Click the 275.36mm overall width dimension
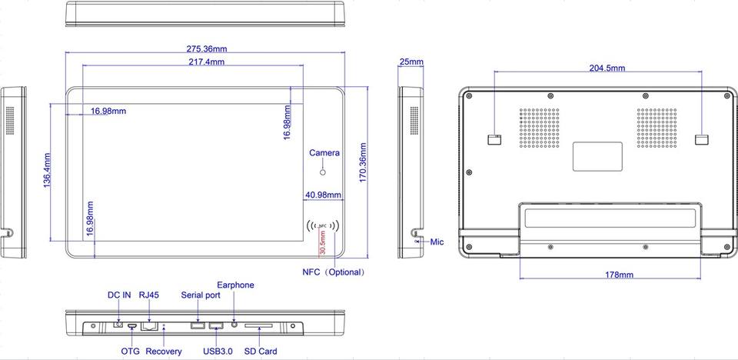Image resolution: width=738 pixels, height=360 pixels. pyautogui.click(x=207, y=48)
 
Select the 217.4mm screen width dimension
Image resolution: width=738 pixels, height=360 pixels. pyautogui.click(x=206, y=62)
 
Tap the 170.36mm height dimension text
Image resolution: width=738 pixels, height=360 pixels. pyautogui.click(x=363, y=162)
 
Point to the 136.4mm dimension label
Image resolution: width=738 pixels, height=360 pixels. pyautogui.click(x=47, y=170)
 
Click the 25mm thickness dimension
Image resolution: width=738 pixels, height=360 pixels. pyautogui.click(x=411, y=62)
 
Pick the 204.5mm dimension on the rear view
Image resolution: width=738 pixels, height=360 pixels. pyautogui.click(x=607, y=68)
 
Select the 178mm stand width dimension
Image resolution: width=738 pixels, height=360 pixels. pyautogui.click(x=619, y=275)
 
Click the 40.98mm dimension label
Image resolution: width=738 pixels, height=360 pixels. pyautogui.click(x=323, y=195)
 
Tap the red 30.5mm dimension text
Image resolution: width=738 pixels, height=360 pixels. pyautogui.click(x=322, y=242)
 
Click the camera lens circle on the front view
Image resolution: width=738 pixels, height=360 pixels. pyautogui.click(x=323, y=172)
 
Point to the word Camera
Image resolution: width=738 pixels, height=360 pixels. pyautogui.click(x=324, y=152)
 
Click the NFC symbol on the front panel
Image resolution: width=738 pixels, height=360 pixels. pyautogui.click(x=322, y=226)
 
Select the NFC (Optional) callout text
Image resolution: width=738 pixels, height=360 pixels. pyautogui.click(x=334, y=272)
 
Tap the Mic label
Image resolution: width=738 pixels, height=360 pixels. pyautogui.click(x=437, y=242)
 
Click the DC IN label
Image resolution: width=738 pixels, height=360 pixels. pyautogui.click(x=119, y=295)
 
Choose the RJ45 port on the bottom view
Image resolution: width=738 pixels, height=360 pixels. pyautogui.click(x=149, y=325)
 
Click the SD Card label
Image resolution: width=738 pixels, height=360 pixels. pyautogui.click(x=261, y=351)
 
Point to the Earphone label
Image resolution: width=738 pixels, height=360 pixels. pyautogui.click(x=235, y=285)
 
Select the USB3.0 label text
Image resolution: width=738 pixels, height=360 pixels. pyautogui.click(x=218, y=351)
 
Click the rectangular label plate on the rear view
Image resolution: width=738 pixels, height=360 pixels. pyautogui.click(x=597, y=156)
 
